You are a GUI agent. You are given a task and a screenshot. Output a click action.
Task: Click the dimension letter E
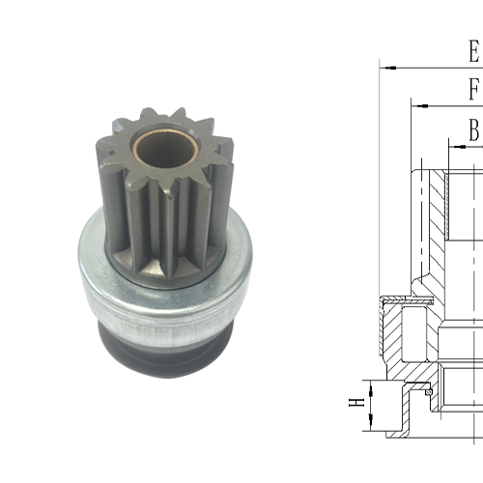(x=473, y=50)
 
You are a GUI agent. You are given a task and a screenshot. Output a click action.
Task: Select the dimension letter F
(x=473, y=89)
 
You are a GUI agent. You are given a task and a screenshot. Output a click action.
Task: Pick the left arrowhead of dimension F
(x=416, y=104)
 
